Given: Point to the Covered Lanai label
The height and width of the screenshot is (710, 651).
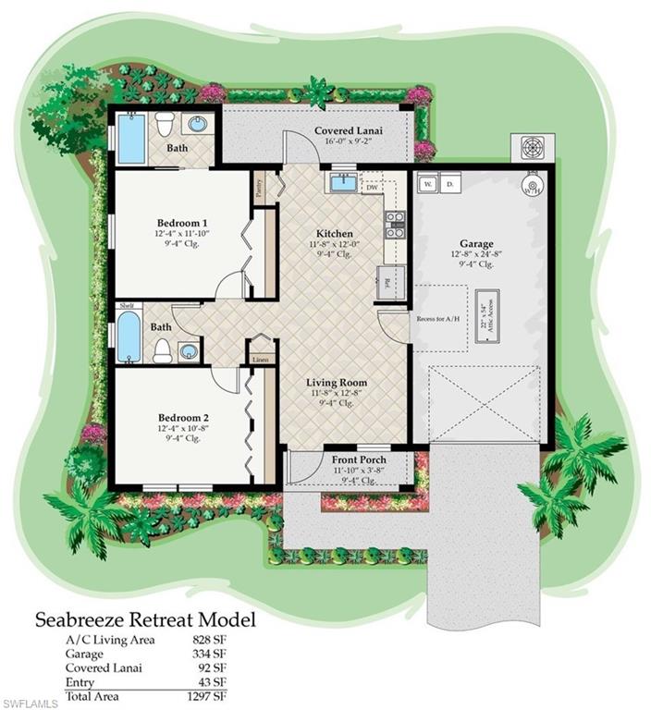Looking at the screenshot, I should point(349,131).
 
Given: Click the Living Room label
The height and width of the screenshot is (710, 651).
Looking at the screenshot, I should point(337,382).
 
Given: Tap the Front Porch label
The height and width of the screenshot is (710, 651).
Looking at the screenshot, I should point(359,459).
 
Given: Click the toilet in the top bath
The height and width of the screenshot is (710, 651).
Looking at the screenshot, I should point(165,123).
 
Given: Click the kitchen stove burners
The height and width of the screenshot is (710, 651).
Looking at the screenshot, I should point(395,225).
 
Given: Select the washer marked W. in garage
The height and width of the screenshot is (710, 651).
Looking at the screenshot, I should point(428,184).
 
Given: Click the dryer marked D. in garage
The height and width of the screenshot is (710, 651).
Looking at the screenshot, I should point(449,184).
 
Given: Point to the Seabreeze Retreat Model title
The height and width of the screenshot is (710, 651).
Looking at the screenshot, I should point(145,618).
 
